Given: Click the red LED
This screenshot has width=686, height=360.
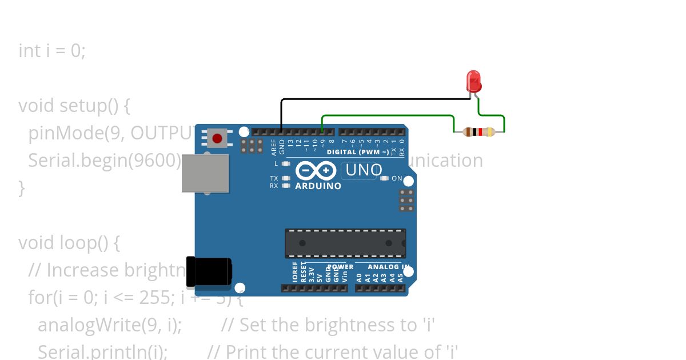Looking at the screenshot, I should pos(473,81).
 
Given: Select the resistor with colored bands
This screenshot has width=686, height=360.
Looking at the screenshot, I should pos(479,132).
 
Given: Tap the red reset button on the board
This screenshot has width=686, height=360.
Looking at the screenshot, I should pos(217,138).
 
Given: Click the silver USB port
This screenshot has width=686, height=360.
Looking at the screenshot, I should pos(205,173).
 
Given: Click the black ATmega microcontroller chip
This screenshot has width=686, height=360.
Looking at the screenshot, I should pos(345,243).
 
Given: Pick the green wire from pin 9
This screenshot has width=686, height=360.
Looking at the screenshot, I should pos(389,115).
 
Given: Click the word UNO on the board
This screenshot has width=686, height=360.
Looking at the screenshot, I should pos(364,170).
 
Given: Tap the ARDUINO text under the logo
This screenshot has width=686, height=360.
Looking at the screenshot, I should pos(318,186).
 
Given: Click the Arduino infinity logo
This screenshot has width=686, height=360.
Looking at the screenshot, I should pos(316,171).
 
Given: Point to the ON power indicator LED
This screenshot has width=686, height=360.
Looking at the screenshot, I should pos(385,178).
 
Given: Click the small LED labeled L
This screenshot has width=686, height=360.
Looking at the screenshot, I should pos(286,163).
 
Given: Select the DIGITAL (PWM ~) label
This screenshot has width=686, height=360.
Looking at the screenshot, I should pos(358,152).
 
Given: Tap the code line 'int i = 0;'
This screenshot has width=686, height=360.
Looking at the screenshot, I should pos(52,51).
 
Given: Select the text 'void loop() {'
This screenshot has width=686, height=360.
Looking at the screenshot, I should pos(69,243).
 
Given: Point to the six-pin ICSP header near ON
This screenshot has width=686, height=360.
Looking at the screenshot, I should pos(407,201).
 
